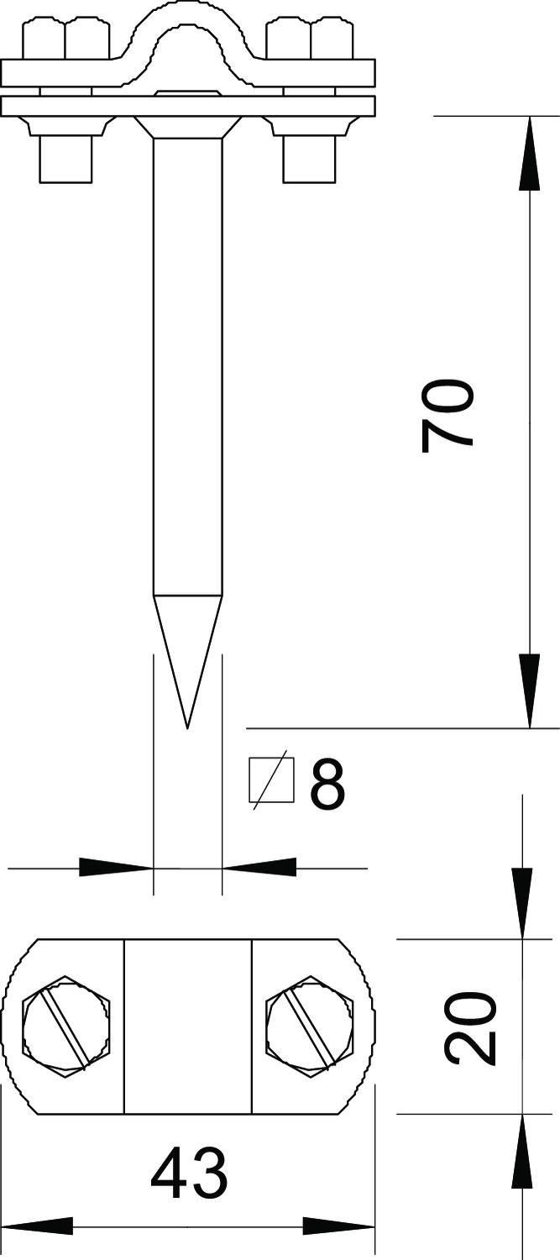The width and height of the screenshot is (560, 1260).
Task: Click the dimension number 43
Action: click(x=189, y=1174)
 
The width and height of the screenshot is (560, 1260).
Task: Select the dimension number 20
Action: click(x=470, y=1028)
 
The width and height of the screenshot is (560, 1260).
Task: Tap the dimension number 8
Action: click(x=327, y=784)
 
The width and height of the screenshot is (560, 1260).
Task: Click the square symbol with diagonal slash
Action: click(x=273, y=780)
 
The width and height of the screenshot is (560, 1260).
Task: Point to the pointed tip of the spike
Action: click(x=187, y=724)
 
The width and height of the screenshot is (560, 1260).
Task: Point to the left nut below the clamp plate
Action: click(x=65, y=158)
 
